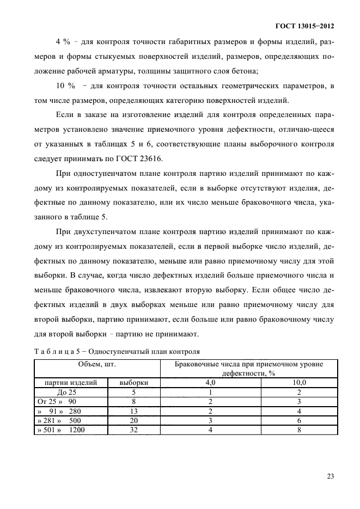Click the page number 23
pyautogui.click(x=330, y=476)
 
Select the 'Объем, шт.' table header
pyautogui.click(x=97, y=363)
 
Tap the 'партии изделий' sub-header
pyautogui.click(x=71, y=383)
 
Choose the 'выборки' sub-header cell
pyautogui.click(x=134, y=383)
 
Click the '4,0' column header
pyautogui.click(x=210, y=383)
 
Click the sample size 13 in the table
pyautogui.click(x=134, y=411)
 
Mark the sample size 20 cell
pyautogui.click(x=134, y=420)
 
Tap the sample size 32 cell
pyautogui.click(x=134, y=430)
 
